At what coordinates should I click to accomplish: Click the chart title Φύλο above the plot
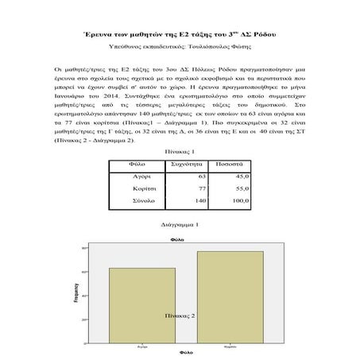point(180,239)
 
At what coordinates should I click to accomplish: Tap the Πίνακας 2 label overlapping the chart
point(180,315)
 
